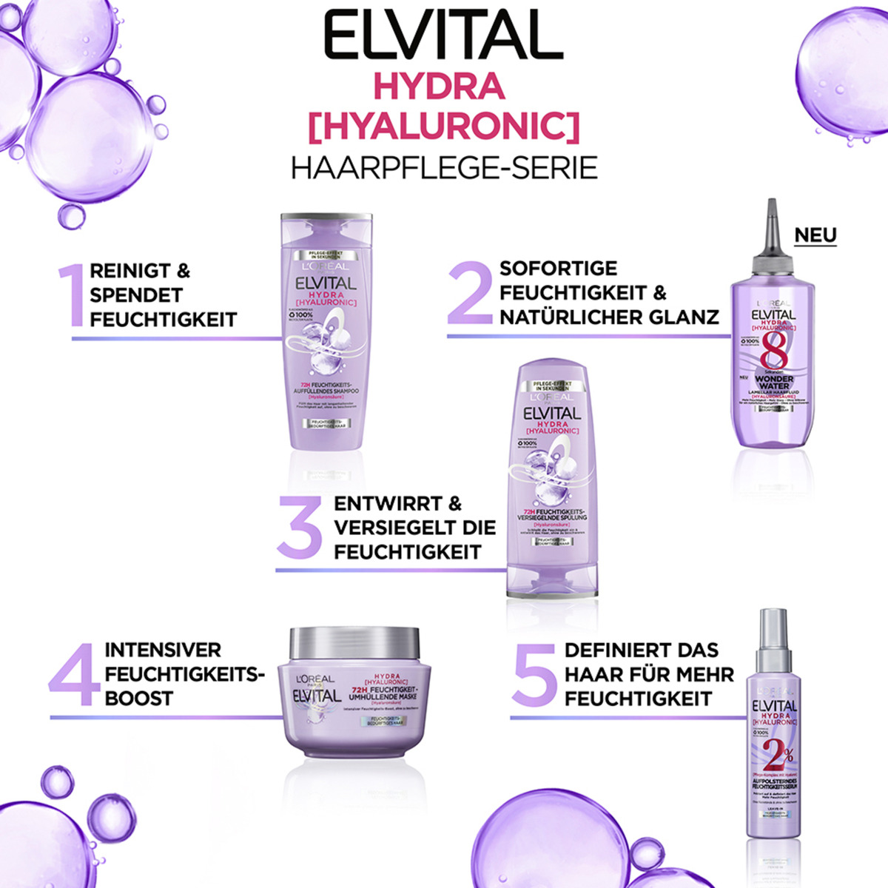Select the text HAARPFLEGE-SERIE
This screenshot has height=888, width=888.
click(444, 168)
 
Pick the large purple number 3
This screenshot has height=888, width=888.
click(299, 527)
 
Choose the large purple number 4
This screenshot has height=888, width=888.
click(74, 674)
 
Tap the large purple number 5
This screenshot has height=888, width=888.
click(533, 673)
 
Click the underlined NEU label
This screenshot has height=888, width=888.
click(815, 235)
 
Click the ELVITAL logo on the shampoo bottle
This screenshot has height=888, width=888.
click(326, 283)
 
